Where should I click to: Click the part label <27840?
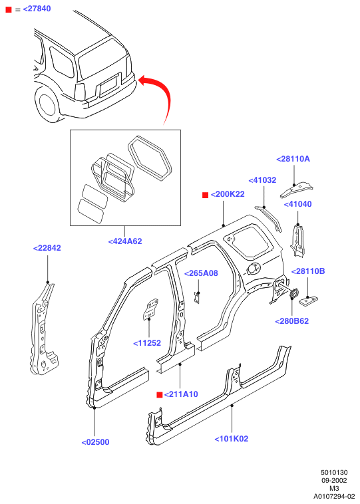coord(37,9)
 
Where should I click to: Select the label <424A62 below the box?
coord(125,241)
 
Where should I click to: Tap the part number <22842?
coord(47,248)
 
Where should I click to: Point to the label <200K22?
coord(228,194)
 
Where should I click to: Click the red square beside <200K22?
coord(205,195)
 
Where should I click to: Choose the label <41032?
coord(263,180)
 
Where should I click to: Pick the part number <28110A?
coord(293,159)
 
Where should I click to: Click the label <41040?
coord(298,204)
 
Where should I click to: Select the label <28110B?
coord(308,271)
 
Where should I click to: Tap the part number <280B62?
coord(292,320)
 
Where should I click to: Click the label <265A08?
coord(201,273)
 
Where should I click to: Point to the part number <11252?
coord(147,343)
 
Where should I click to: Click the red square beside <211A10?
coord(159,395)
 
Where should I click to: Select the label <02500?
coord(96,442)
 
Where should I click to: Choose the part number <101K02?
coord(232,439)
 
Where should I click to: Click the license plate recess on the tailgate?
coord(108,87)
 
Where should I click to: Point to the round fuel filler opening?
coord(253,268)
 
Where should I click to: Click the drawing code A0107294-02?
coord(334,496)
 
